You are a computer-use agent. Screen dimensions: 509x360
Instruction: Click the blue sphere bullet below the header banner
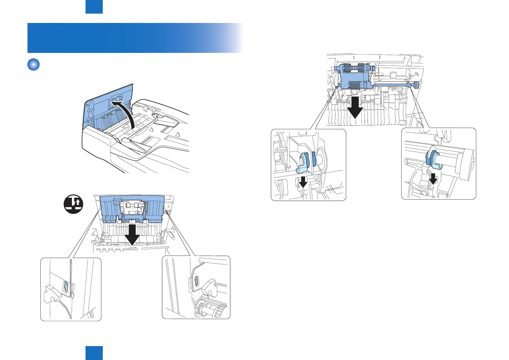pyautogui.click(x=34, y=64)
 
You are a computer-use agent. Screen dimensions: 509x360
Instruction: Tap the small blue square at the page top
pyautogui.click(x=94, y=7)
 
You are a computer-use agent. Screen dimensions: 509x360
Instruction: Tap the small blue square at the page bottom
pyautogui.click(x=94, y=353)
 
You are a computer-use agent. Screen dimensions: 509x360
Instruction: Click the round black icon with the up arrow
pyautogui.click(x=73, y=204)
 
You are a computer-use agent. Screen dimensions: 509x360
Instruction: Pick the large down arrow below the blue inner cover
pyautogui.click(x=132, y=235)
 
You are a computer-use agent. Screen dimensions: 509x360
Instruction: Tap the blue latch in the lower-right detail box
pyautogui.click(x=196, y=281)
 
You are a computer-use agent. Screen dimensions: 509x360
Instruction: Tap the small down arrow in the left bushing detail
pyautogui.click(x=303, y=181)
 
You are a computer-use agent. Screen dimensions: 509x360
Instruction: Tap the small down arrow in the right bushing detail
pyautogui.click(x=433, y=178)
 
